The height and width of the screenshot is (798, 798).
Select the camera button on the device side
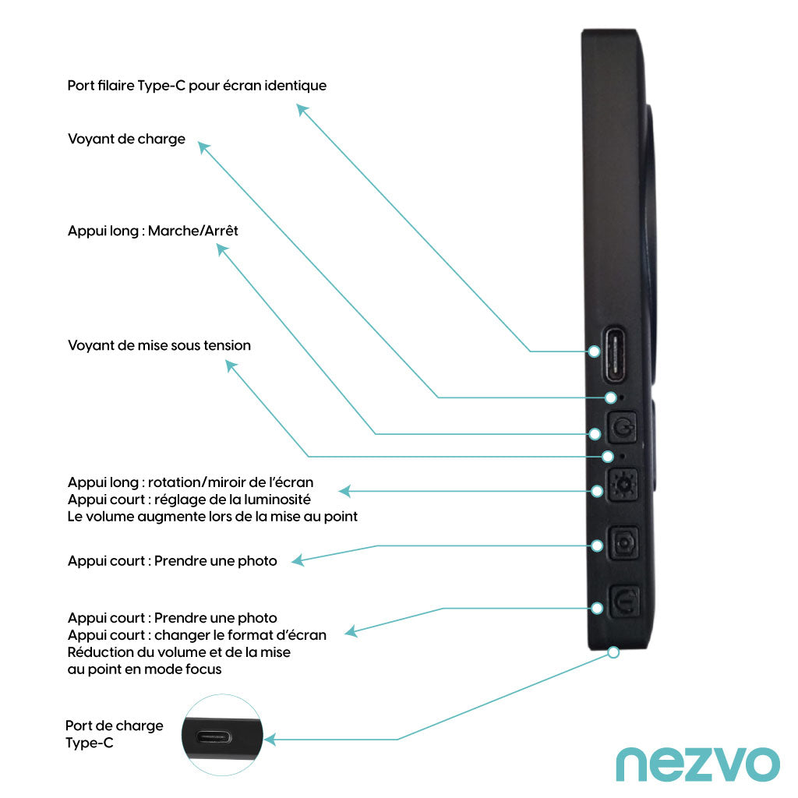point(623,544)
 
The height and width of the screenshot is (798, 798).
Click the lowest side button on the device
point(624,602)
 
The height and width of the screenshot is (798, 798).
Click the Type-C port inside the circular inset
point(223,736)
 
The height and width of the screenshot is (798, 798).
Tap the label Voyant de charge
point(126,139)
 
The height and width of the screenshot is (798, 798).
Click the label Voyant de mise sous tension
point(159,345)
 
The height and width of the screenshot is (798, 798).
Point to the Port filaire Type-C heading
point(196,86)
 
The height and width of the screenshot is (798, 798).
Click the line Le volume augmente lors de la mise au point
point(212,516)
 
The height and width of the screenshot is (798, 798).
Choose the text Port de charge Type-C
point(114,734)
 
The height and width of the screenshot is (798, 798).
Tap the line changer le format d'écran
point(196,635)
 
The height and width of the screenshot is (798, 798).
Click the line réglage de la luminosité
point(189,500)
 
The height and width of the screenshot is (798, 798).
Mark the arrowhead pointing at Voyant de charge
point(203,147)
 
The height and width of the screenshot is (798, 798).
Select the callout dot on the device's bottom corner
point(613,652)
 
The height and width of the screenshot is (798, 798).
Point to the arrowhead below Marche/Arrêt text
point(222,250)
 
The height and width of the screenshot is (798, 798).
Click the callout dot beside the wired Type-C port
point(594,351)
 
